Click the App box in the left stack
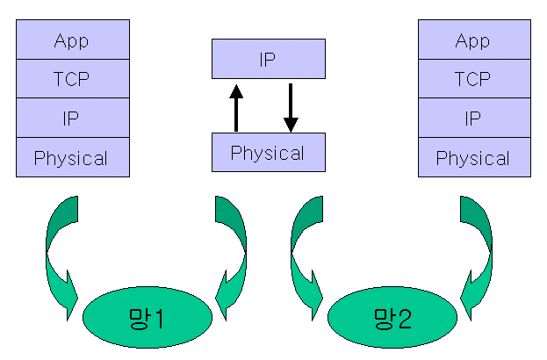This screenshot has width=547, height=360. coord(73,40)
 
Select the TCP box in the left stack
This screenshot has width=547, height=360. coord(73,79)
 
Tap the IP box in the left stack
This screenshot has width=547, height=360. coord(73,119)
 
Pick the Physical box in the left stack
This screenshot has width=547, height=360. coord(73,158)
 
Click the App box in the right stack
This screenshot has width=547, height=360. coord(473,40)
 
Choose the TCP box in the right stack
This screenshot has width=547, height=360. coord(473,79)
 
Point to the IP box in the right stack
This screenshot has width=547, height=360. coord(473,119)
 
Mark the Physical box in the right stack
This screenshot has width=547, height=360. coord(473,158)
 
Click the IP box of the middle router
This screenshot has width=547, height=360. coord(268,60)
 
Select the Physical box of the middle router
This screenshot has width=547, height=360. coord(268,152)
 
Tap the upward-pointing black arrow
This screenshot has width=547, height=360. coord(235,105)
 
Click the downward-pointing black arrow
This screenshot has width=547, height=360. coord(291,105)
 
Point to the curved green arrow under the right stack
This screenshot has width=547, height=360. coord(478,250)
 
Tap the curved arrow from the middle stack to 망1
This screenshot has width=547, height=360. coord(232,250)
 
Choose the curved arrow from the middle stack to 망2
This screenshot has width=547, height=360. coord(306,250)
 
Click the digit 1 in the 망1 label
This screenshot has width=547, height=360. coord(160,317)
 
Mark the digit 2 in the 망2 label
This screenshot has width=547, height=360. coord(405,317)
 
